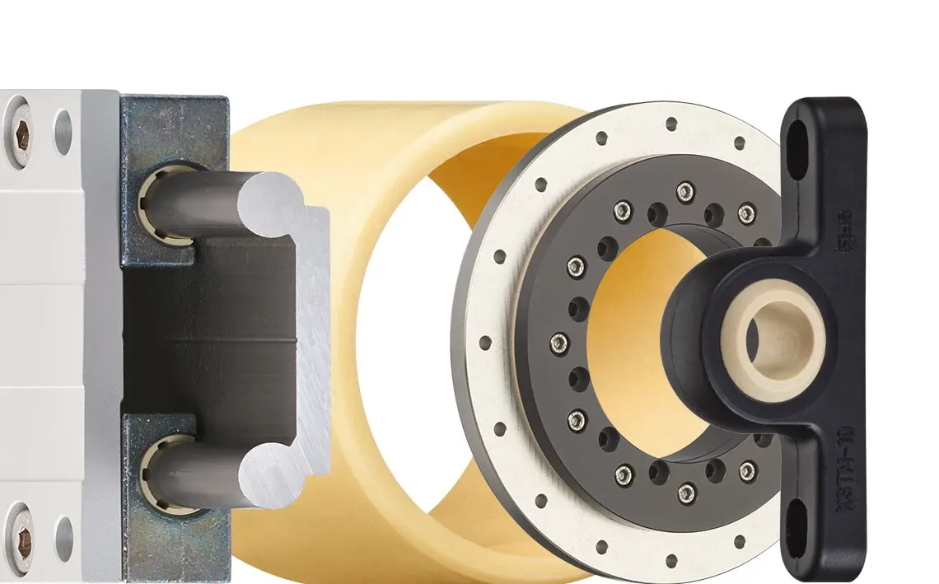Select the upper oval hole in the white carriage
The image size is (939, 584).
(x=63, y=132)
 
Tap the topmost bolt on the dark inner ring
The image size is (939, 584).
(x=685, y=191)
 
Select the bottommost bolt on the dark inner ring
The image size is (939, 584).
(x=686, y=493)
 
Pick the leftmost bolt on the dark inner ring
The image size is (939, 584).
(x=559, y=340)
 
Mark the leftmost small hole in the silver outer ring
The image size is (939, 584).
(x=484, y=340)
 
